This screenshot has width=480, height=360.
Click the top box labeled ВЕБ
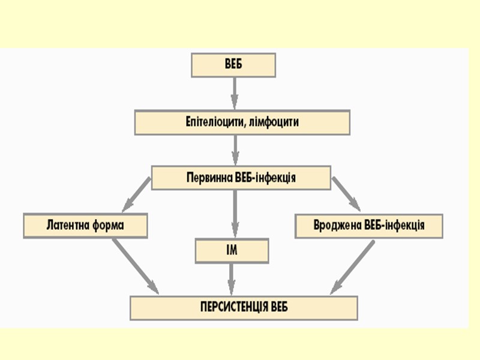[x=233, y=65]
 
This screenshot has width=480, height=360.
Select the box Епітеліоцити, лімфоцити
[x=242, y=122]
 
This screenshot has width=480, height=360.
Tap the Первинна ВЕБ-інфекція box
[x=241, y=178]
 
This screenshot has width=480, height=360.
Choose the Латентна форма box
[x=85, y=226]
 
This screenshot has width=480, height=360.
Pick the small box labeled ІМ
[x=232, y=251]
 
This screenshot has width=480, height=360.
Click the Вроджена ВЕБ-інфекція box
[x=369, y=226]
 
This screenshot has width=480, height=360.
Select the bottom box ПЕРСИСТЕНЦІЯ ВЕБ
[x=244, y=308]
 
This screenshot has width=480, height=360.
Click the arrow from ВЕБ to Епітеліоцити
[x=234, y=92]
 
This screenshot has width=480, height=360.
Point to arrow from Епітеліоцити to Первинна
[x=234, y=150]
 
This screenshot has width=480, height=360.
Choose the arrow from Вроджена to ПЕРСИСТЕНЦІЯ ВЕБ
[x=352, y=266]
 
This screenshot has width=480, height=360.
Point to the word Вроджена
[x=334, y=226]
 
